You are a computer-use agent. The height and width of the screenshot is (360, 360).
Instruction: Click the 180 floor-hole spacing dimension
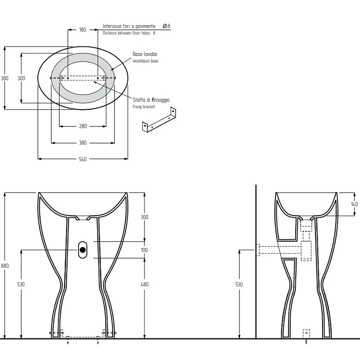[83, 30]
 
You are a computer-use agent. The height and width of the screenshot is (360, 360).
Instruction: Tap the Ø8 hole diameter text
[166, 26]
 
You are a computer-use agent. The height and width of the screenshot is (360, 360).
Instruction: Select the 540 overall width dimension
[83, 159]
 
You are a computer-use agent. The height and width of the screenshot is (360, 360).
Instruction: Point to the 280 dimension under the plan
[83, 126]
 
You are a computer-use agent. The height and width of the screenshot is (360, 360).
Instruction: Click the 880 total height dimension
[4, 265]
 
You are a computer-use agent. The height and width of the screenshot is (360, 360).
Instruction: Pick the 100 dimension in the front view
[144, 250]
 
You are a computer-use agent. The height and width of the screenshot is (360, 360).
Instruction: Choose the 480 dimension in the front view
[144, 284]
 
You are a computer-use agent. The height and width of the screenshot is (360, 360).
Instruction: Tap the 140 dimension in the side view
[354, 204]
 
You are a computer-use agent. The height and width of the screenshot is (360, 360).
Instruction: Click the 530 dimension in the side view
[239, 284]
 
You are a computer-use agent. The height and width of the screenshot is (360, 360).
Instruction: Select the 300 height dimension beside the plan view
[21, 78]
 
